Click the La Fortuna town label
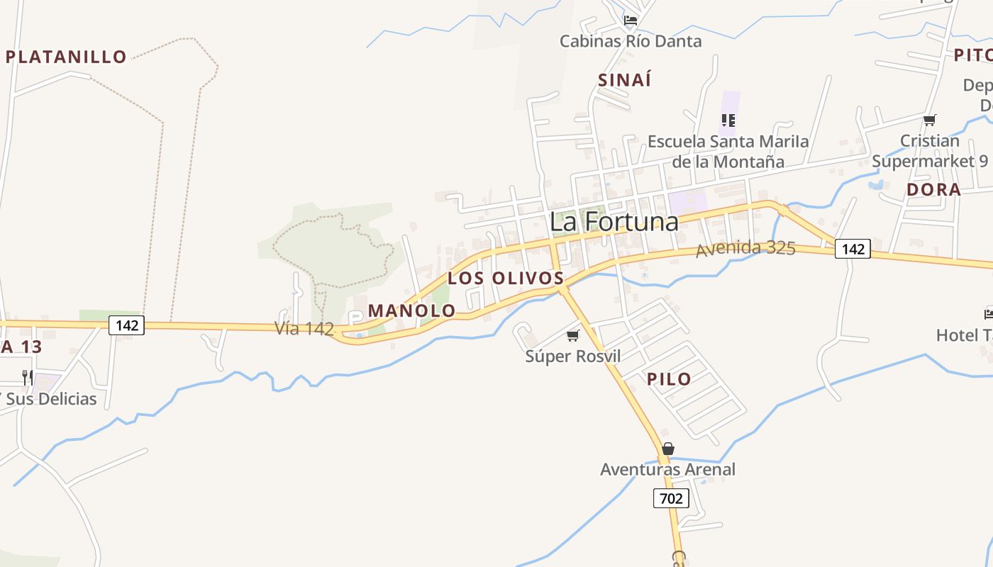[614, 222]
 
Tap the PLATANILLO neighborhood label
[66, 57]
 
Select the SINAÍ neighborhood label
[624, 80]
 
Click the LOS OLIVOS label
[505, 278]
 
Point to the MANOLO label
[411, 310]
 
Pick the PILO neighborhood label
[669, 379]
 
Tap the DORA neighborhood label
[933, 189]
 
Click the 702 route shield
[670, 498]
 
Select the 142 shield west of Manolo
[127, 325]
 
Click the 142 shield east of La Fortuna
[852, 249]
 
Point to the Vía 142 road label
[304, 328]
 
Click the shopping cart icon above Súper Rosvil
[572, 335]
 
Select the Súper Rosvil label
[572, 356]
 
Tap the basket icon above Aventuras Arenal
[667, 449]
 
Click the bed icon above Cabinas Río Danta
[630, 20]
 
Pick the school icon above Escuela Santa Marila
[728, 120]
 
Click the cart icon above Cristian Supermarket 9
[929, 120]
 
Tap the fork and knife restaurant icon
[28, 377]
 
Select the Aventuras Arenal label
[667, 469]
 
